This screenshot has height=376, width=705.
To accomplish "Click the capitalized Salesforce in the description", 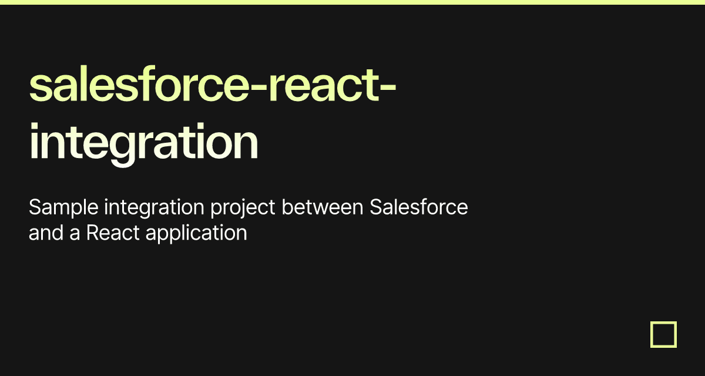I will pyautogui.click(x=419, y=207).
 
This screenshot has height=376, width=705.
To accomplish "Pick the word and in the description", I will pyautogui.click(x=46, y=233).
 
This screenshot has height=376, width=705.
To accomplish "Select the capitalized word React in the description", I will pyautogui.click(x=113, y=233).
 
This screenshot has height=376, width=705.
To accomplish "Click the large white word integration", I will pyautogui.click(x=144, y=143).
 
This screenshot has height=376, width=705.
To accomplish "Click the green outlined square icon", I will pyautogui.click(x=663, y=334).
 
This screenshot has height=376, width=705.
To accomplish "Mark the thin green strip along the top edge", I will pyautogui.click(x=352, y=2).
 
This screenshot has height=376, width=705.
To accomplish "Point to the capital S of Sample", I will pyautogui.click(x=34, y=207).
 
